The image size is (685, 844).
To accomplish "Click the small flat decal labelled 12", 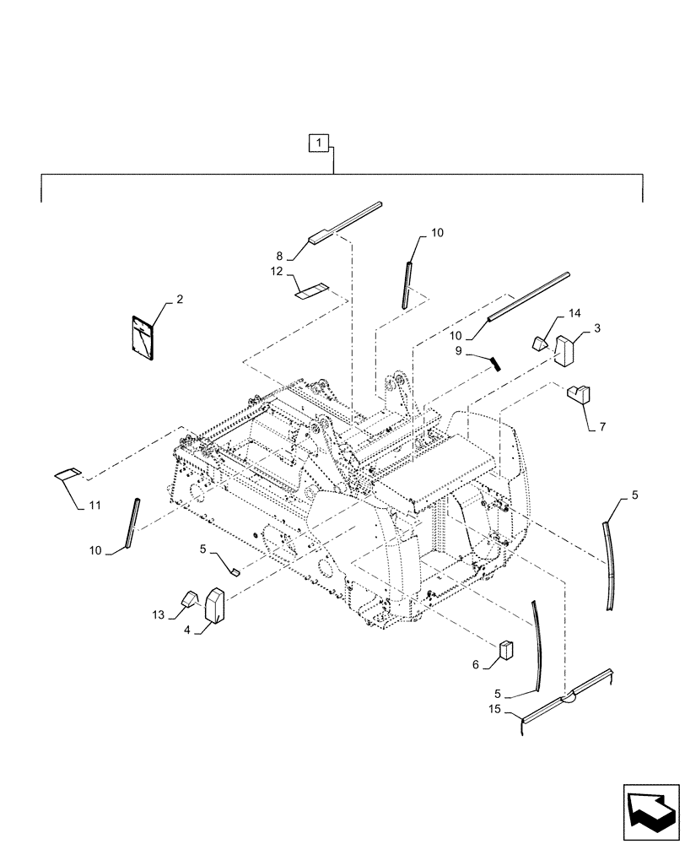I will (x=310, y=292).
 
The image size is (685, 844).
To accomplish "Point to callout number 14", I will (x=574, y=313).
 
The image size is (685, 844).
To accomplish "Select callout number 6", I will (x=475, y=665).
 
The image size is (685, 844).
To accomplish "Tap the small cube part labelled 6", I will (x=505, y=648).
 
